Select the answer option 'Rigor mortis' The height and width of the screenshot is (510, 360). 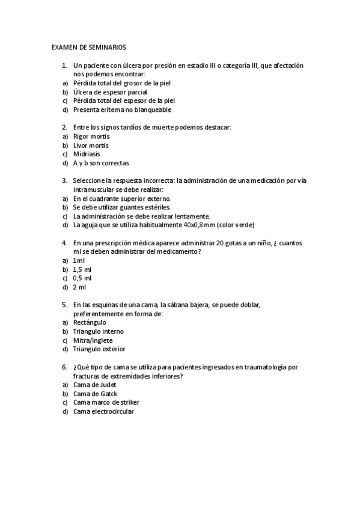tap(91, 137)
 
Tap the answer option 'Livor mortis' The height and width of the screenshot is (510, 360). tap(91, 146)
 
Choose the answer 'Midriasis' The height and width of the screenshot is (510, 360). tap(87, 154)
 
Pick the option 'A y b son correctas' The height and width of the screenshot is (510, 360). tap(101, 163)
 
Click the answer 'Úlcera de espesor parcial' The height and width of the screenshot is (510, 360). tap(110, 92)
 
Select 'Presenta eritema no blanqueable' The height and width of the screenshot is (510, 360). tap(122, 110)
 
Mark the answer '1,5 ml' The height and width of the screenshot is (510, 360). tap(82, 269)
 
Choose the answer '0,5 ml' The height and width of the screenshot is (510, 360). tap(82, 278)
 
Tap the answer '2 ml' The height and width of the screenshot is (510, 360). tap(79, 287)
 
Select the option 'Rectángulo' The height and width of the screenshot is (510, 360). tap(90, 322)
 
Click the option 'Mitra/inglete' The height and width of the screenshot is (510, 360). tap(94, 340)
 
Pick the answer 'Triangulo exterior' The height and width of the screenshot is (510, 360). tap(99, 349)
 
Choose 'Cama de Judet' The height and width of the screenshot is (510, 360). tap(94, 384)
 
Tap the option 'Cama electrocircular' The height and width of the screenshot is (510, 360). tap(103, 411)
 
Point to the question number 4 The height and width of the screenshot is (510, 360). tap(64, 242)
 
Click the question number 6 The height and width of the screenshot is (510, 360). tap(64, 367)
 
